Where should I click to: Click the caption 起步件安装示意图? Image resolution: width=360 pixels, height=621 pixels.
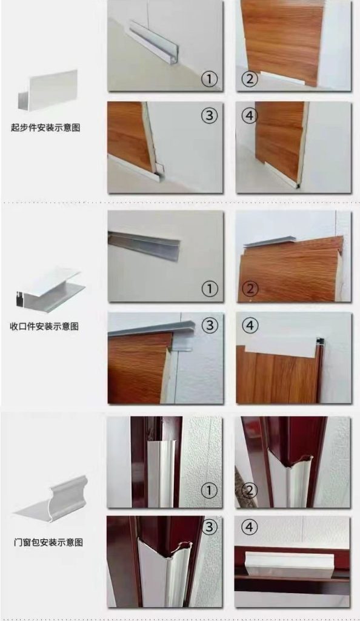[x=45, y=127]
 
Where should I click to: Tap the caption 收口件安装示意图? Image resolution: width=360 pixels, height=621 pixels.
[x=44, y=326]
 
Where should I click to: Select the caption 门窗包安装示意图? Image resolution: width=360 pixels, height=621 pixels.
[x=48, y=542]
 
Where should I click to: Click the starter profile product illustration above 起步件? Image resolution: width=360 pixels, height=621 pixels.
[x=47, y=90]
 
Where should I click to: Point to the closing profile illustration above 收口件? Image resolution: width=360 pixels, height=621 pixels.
[x=50, y=289]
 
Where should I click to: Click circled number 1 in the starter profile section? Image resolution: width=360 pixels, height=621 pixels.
[x=209, y=79]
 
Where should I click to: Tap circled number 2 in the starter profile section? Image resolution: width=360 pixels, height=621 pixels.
[x=250, y=78]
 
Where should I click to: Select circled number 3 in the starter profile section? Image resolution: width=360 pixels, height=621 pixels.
[x=209, y=115]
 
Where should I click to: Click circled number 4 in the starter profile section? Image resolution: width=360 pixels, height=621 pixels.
[x=250, y=116]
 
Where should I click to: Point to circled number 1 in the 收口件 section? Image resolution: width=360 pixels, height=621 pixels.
[x=210, y=289]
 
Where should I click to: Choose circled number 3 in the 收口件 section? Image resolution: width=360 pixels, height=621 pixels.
[x=210, y=325]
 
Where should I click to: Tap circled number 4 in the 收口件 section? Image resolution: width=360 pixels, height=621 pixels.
[x=250, y=326]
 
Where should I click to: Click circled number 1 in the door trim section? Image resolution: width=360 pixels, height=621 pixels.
[x=209, y=491]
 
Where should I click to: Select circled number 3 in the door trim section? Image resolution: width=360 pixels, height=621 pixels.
[x=209, y=527]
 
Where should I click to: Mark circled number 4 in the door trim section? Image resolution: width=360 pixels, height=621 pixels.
[x=250, y=527]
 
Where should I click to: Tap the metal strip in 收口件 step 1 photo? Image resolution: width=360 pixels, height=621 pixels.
[x=144, y=244]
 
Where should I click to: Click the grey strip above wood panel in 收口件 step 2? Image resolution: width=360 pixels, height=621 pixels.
[x=269, y=241]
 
